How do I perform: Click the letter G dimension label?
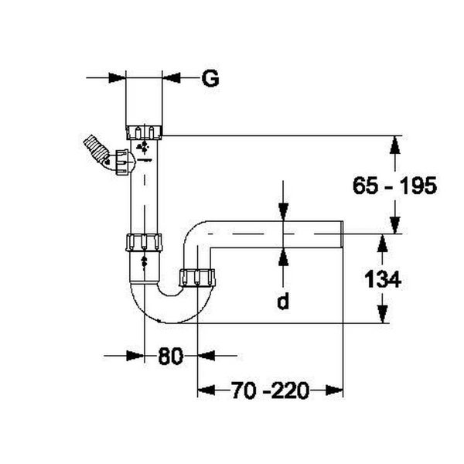pos(210,77)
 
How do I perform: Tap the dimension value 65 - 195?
pos(394,186)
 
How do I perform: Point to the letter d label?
pos(283,302)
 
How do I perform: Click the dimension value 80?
pos(172,357)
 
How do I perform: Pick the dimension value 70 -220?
pos(270,391)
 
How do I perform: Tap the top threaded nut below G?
pos(145,130)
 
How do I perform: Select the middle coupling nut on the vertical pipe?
pos(145,241)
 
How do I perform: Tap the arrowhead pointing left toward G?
pos(172,77)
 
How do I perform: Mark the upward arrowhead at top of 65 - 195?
pos(395,145)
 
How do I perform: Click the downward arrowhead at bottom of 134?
pos(381,314)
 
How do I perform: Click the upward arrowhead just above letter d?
pos(283,256)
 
